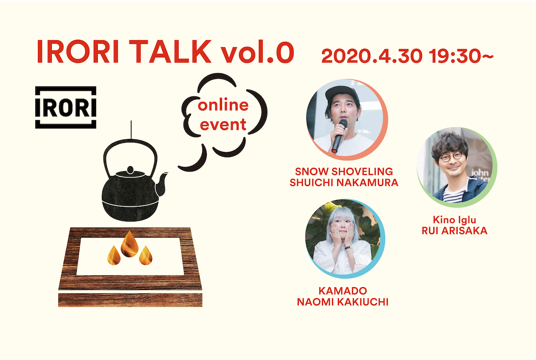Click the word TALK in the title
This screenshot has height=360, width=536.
pyautogui.click(x=172, y=51)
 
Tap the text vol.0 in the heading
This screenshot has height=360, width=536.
pyautogui.click(x=257, y=51)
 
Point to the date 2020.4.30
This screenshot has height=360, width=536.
pyautogui.click(x=372, y=56)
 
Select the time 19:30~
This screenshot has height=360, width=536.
pyautogui.click(x=461, y=56)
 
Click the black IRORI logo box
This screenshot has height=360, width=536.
pyautogui.click(x=66, y=107)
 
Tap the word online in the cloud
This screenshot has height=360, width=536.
pyautogui.click(x=223, y=105)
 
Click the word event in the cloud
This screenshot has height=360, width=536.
pyautogui.click(x=223, y=125)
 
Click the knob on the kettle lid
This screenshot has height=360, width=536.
pyautogui.click(x=130, y=170)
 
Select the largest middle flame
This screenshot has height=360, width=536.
pyautogui.click(x=130, y=244)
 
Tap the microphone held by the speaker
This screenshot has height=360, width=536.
pyautogui.click(x=339, y=136)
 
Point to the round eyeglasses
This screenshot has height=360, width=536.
pyautogui.click(x=451, y=157)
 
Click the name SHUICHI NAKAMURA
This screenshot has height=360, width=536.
pyautogui.click(x=344, y=183)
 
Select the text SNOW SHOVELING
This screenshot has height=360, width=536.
pyautogui.click(x=344, y=172)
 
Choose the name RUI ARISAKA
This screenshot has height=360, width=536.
pyautogui.click(x=454, y=231)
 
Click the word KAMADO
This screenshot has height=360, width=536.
pyautogui.click(x=343, y=291)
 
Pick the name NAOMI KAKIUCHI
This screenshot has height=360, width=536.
pyautogui.click(x=343, y=302)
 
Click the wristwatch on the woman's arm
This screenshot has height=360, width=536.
pyautogui.click(x=348, y=247)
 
